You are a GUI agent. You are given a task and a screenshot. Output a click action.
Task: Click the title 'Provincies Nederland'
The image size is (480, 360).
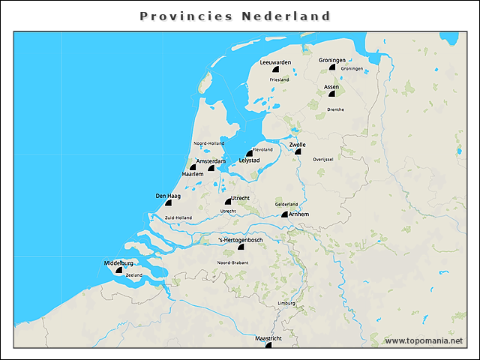(235, 16)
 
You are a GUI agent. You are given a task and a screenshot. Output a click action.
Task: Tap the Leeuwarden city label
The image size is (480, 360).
(275, 61)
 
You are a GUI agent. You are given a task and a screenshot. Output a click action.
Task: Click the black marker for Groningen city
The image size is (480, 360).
(331, 67)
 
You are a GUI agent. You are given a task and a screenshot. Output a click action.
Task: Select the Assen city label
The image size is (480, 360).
(331, 87)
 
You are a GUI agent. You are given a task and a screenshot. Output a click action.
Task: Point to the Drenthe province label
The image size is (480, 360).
(335, 109)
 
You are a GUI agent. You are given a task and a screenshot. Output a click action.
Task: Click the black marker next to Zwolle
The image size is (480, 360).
(297, 151)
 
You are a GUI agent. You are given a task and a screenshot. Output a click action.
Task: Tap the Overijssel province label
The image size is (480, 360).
(322, 159)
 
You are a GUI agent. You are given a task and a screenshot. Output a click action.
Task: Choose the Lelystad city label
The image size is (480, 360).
(249, 160)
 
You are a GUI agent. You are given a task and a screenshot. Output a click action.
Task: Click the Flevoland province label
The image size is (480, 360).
(262, 150)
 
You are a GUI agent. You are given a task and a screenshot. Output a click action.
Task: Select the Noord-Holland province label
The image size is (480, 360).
(208, 142)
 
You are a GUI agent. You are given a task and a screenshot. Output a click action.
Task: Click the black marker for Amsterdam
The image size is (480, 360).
(211, 168)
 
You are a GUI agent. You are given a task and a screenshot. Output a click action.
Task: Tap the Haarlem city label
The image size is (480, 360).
(193, 174)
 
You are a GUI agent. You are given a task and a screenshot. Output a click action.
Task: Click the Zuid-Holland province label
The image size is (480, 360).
(178, 217)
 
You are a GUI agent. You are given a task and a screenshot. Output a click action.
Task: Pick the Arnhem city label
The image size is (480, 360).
(298, 214)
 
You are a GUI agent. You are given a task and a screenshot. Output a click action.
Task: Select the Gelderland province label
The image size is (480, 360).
(286, 204)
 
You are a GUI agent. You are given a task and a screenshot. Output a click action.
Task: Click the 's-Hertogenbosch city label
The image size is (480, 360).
(240, 239)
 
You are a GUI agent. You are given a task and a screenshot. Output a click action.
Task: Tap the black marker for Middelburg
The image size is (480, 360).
(118, 269)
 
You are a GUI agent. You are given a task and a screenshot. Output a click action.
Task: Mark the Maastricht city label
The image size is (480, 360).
(268, 338)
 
